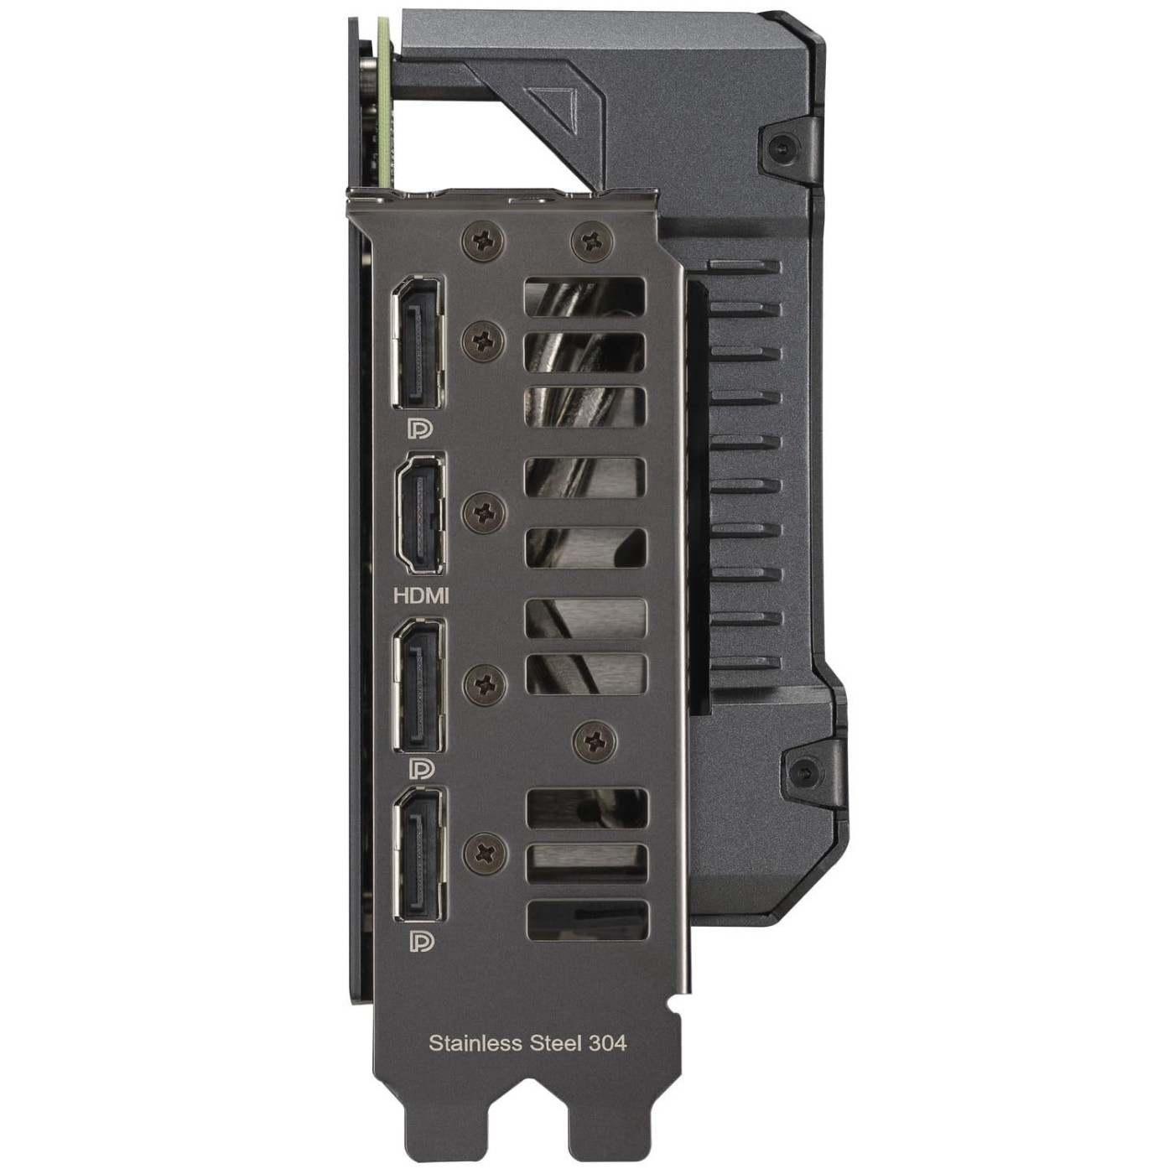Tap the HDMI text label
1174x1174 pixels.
[421, 595]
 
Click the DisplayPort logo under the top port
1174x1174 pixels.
[420, 429]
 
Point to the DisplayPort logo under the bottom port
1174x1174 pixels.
[420, 941]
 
